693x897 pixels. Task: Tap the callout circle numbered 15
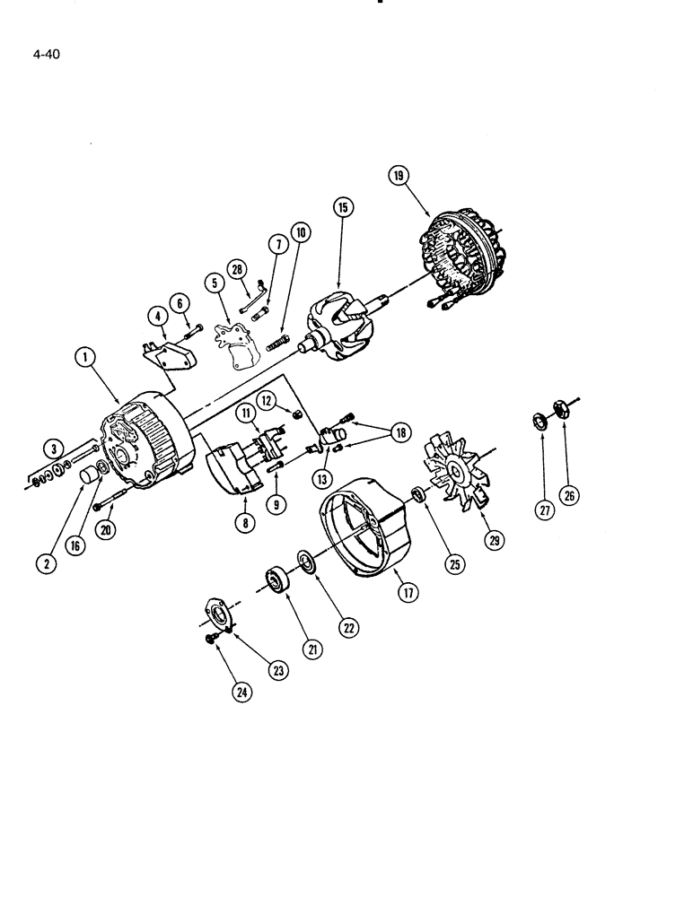click(341, 207)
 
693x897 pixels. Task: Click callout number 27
click(542, 511)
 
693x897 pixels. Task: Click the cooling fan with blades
click(462, 466)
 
